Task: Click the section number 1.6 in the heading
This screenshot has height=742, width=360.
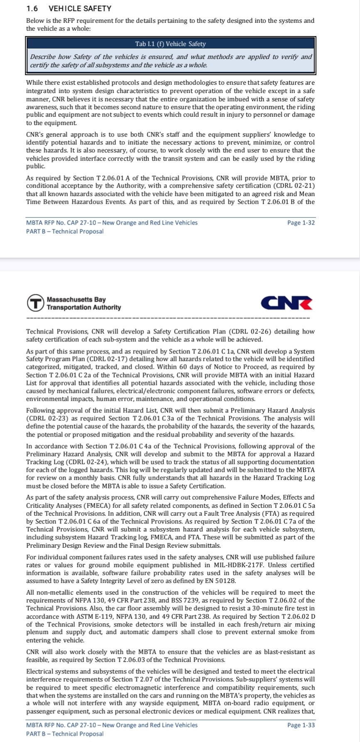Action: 32,8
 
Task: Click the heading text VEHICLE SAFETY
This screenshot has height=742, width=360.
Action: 80,8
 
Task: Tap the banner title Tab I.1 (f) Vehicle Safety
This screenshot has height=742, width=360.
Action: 170,44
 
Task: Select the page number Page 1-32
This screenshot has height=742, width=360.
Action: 301,223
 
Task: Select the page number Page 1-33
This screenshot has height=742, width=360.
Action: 301,725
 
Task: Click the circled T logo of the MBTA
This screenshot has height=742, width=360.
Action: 35,303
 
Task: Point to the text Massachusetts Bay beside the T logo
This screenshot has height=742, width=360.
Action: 76,299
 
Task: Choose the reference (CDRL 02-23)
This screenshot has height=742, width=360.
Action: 47,418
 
